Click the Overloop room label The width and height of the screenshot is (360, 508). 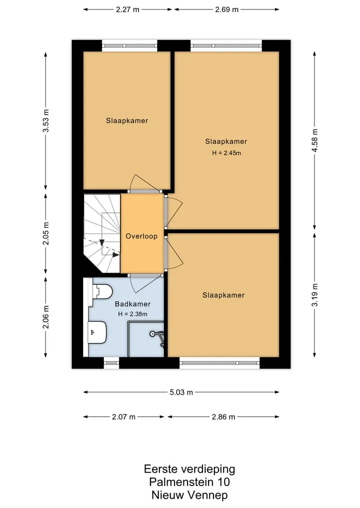(x=141, y=236)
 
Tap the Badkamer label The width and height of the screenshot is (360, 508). (x=132, y=304)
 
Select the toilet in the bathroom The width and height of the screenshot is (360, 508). (x=102, y=291)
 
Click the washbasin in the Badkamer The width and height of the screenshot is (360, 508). (x=97, y=332)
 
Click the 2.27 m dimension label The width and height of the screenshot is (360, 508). (x=127, y=9)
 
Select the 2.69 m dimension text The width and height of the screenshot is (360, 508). (x=226, y=9)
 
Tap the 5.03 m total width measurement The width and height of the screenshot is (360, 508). (x=181, y=392)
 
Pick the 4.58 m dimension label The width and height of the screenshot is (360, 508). (x=314, y=140)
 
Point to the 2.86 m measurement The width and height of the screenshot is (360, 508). (x=223, y=417)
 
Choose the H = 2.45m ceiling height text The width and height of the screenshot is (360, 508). (x=226, y=153)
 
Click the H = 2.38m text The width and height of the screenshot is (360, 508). (x=132, y=314)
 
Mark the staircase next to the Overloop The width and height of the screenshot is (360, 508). (x=102, y=233)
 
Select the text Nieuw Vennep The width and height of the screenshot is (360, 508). (x=189, y=495)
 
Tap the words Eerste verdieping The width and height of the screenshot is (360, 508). (x=189, y=469)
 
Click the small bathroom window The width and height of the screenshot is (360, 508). (x=111, y=363)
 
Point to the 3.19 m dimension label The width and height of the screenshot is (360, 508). (x=314, y=295)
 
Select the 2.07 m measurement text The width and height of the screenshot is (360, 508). (x=123, y=417)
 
